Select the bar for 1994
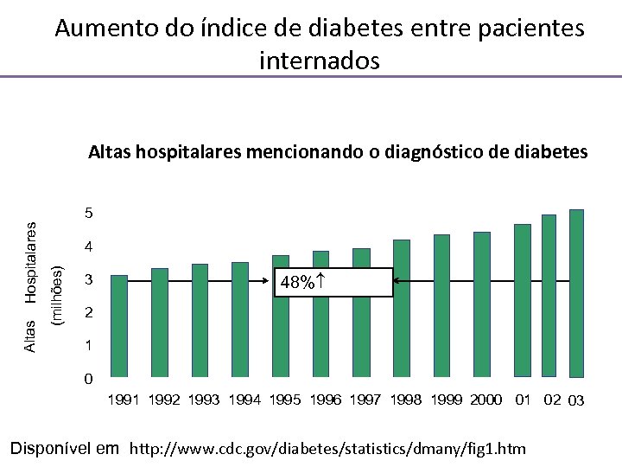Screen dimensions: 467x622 pos(240,320)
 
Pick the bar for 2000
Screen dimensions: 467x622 pos(482,304)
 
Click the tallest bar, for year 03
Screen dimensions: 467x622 pos(576,293)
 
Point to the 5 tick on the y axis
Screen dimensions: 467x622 pos(88,213)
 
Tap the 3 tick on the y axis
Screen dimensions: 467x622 pos(88,280)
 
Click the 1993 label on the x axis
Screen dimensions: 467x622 pos(205,400)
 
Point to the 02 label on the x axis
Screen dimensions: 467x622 pos(551,400)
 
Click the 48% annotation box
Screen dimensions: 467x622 pos(333,283)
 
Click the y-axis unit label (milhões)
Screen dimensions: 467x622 pos(58,295)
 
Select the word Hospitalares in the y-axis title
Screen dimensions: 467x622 pos(31,262)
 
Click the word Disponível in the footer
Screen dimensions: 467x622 pos(51,448)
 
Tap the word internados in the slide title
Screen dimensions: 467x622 pos(319,61)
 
